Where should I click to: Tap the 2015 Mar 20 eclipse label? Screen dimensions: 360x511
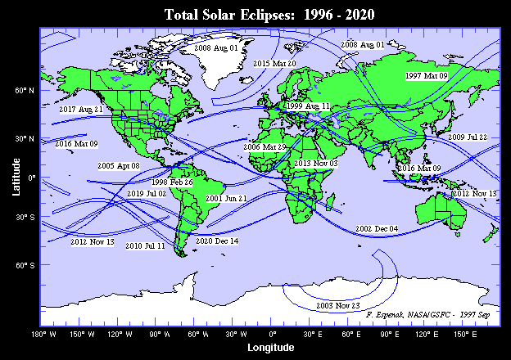click(274, 63)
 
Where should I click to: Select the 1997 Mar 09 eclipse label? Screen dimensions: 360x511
click(427, 75)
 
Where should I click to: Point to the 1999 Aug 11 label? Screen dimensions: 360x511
click(309, 106)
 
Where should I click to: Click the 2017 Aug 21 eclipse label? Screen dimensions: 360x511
click(80, 109)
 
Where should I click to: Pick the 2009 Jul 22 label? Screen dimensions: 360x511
click(468, 137)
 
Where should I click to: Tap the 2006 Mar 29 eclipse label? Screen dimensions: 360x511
click(265, 146)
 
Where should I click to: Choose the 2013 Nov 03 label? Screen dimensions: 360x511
click(315, 164)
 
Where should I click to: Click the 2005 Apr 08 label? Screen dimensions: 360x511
click(119, 165)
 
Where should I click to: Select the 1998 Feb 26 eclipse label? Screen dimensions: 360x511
click(172, 182)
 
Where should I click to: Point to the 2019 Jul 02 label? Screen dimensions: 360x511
click(147, 193)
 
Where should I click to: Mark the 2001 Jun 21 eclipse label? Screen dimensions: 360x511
click(226, 198)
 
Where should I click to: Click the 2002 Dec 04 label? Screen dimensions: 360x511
click(377, 228)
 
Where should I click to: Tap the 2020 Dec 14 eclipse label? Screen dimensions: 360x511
click(217, 241)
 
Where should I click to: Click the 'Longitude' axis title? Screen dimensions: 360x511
click(270, 348)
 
